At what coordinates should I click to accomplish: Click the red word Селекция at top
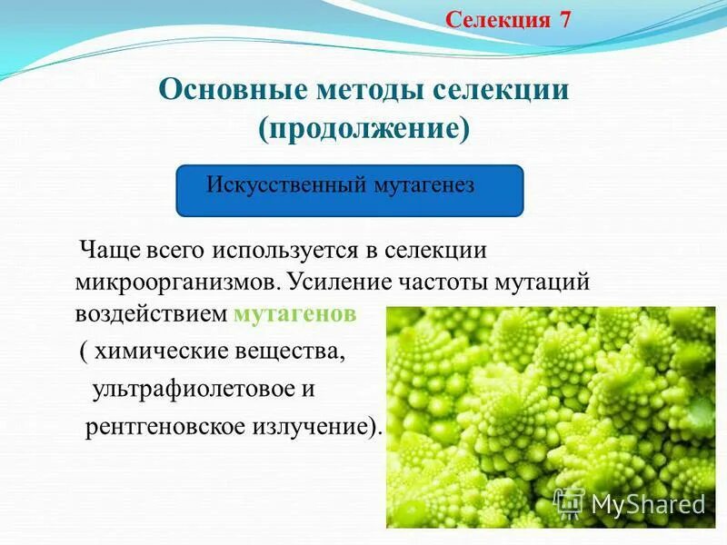coord(498,20)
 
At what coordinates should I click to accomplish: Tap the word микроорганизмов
coord(178,281)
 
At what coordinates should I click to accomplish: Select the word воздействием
coord(151,314)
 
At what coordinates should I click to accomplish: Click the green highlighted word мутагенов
coord(294,315)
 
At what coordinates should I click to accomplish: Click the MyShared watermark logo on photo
coord(630,503)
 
